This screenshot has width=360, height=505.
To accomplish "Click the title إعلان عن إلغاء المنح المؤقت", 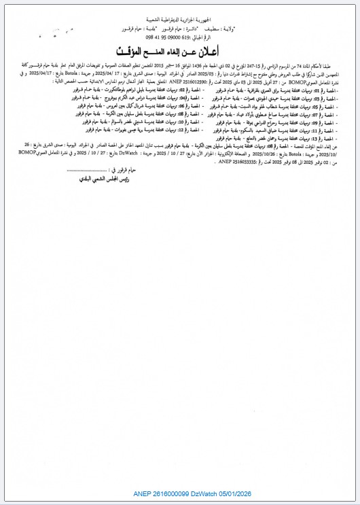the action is [x=180, y=52].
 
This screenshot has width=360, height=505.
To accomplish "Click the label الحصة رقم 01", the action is [x=337, y=89].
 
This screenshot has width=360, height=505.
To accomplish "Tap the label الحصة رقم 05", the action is [x=337, y=107].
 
